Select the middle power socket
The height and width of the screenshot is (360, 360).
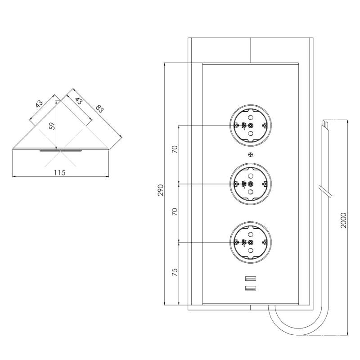[x=251, y=183]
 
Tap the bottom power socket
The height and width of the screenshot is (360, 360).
[x=251, y=242]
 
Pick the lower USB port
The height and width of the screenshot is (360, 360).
[x=251, y=288]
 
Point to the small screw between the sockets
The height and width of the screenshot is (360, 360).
[x=251, y=155]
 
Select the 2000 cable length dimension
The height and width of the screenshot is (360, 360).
[x=344, y=220]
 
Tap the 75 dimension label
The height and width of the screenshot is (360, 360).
[x=175, y=273]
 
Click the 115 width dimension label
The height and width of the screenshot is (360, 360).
[x=59, y=172]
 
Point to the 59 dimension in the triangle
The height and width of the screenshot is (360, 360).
[x=52, y=126]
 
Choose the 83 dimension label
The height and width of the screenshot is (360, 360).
[x=100, y=108]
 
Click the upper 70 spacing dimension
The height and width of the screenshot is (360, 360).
[x=175, y=150]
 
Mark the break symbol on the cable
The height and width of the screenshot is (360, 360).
[x=325, y=190]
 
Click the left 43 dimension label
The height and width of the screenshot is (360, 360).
[x=39, y=104]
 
